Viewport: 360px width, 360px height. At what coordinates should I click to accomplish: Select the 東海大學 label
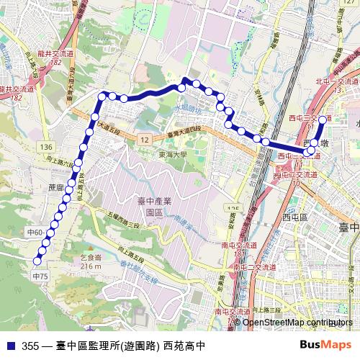pyautogui.click(x=174, y=154)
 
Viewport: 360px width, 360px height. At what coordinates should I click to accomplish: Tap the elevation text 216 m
pyautogui.click(x=91, y=267)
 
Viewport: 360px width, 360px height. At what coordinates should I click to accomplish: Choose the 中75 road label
pyautogui.click(x=40, y=276)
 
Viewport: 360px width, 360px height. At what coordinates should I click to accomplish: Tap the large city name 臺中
pyautogui.click(x=348, y=228)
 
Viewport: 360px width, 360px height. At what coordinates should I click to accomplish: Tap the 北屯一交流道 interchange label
pyautogui.click(x=337, y=83)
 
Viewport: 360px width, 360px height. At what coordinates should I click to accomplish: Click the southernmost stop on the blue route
pyautogui.click(x=37, y=261)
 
